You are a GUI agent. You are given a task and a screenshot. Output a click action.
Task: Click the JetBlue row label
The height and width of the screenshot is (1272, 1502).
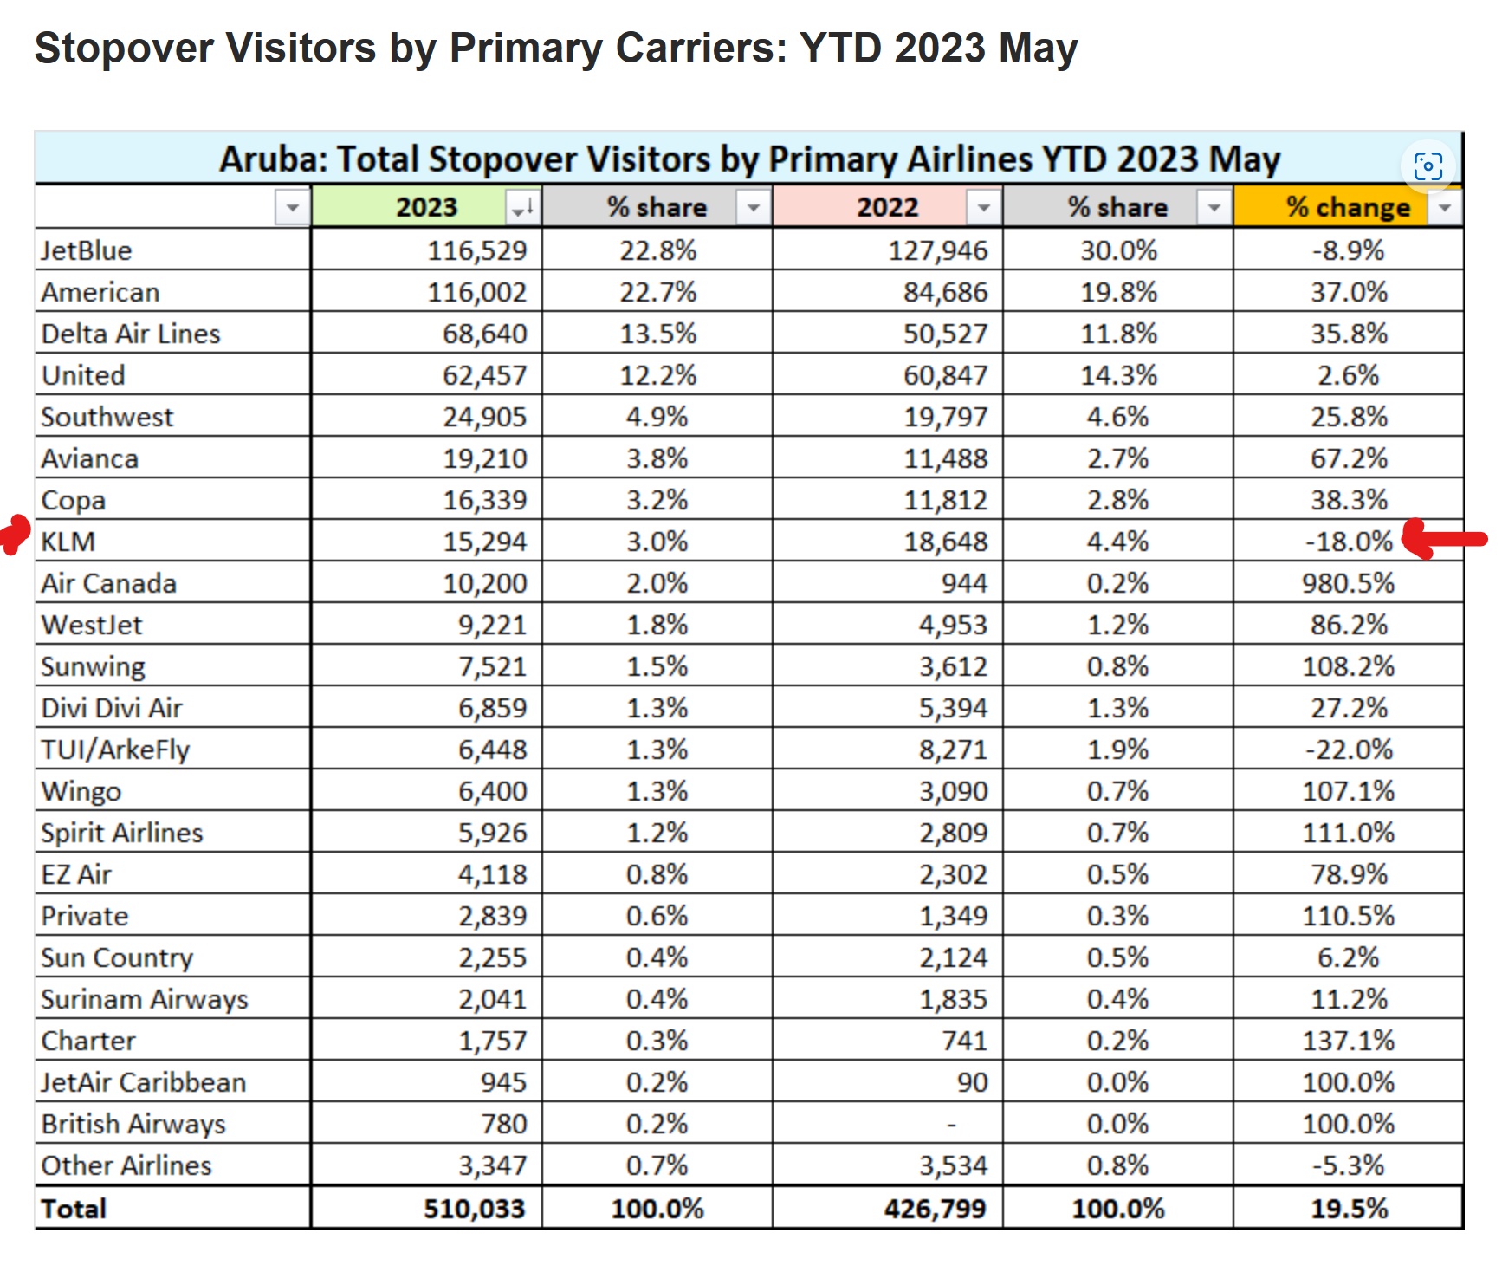click(87, 250)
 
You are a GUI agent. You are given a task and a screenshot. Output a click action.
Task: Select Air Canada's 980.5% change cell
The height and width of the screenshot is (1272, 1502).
click(1348, 583)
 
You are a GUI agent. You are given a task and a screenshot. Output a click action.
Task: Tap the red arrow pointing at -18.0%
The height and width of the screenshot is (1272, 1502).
click(1442, 539)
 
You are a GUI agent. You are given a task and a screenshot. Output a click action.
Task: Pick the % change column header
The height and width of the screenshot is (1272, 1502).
click(1347, 207)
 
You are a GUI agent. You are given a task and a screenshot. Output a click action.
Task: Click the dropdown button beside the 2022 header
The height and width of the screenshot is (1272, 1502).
click(983, 208)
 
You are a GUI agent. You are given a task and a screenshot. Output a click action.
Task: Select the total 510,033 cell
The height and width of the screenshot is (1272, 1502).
click(474, 1208)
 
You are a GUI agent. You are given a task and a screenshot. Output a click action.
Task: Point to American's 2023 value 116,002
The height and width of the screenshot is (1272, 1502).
click(476, 292)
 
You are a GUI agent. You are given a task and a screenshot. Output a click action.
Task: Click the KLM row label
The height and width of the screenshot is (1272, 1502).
click(68, 542)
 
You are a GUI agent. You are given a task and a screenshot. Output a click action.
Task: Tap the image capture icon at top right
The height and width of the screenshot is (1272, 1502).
click(1428, 165)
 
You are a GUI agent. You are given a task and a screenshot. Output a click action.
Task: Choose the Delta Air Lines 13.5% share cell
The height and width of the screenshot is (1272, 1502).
click(657, 334)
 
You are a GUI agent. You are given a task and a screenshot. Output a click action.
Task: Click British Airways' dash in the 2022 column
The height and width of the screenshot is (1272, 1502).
click(951, 1125)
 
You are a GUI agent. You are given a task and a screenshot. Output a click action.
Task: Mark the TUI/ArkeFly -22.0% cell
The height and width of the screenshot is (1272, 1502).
click(1349, 750)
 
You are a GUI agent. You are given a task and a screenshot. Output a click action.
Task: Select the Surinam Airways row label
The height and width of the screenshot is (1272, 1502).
click(145, 999)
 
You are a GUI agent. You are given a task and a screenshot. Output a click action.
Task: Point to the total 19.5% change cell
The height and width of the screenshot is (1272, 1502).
click(1349, 1208)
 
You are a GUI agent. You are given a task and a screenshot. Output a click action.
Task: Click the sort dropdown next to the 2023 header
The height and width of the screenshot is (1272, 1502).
click(522, 208)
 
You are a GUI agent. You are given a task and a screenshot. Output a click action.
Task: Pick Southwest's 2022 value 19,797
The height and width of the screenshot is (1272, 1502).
click(945, 417)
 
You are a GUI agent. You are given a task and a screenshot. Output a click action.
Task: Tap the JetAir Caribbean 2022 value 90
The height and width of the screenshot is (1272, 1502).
click(971, 1082)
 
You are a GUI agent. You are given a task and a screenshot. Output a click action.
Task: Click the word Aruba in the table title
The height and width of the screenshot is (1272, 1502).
click(272, 159)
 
